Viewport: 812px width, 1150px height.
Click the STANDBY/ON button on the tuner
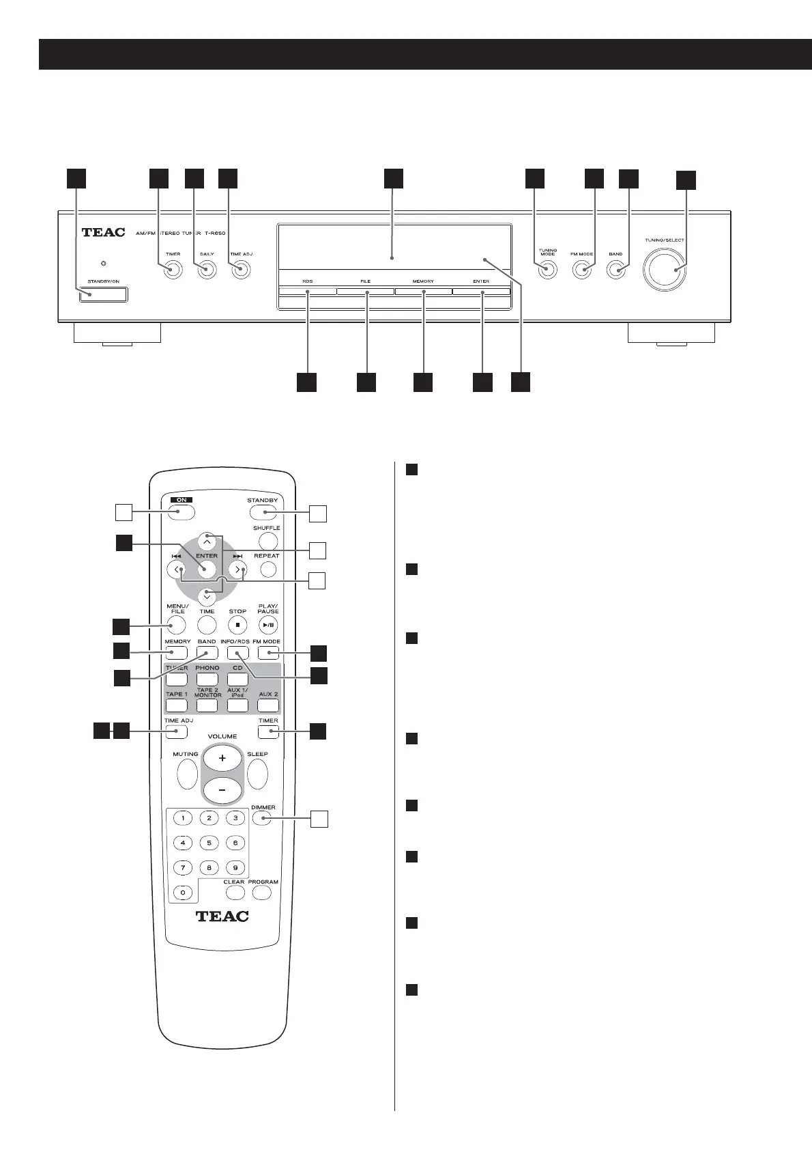(x=103, y=295)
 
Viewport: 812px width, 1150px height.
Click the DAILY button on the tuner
(x=207, y=270)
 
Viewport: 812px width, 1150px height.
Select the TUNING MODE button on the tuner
(x=547, y=270)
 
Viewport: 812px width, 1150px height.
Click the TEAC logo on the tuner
(x=104, y=232)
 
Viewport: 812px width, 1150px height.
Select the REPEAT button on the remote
(x=268, y=569)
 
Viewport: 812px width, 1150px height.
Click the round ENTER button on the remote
(x=207, y=569)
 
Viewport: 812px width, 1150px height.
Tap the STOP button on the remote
(x=237, y=624)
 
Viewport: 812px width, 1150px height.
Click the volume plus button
(x=222, y=758)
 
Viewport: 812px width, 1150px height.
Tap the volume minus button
(x=222, y=790)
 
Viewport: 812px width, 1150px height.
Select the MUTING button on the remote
(x=186, y=774)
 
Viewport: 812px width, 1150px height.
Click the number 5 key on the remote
(x=209, y=843)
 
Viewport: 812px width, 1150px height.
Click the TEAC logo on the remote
(x=222, y=916)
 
